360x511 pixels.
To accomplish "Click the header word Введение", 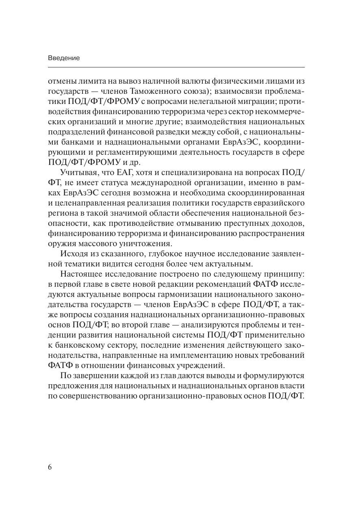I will pos(64,58).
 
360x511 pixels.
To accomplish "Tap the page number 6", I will pos(50,467).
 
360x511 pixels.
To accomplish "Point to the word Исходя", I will pos(72,254).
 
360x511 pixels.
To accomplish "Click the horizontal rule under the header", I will pos(176,67).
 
